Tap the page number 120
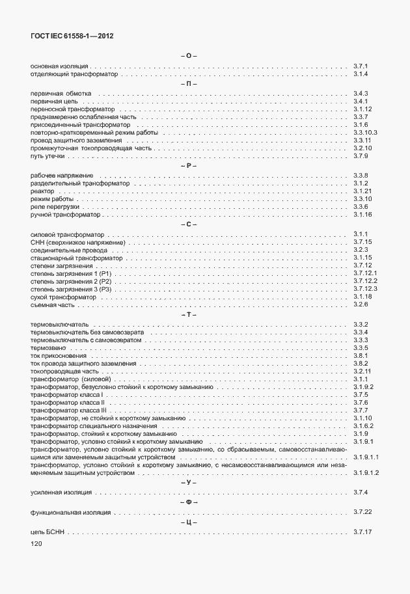[36, 543]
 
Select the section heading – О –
[188, 56]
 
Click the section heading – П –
[188, 84]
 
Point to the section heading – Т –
[188, 315]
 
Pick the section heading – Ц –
[188, 523]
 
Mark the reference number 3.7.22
[362, 513]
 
